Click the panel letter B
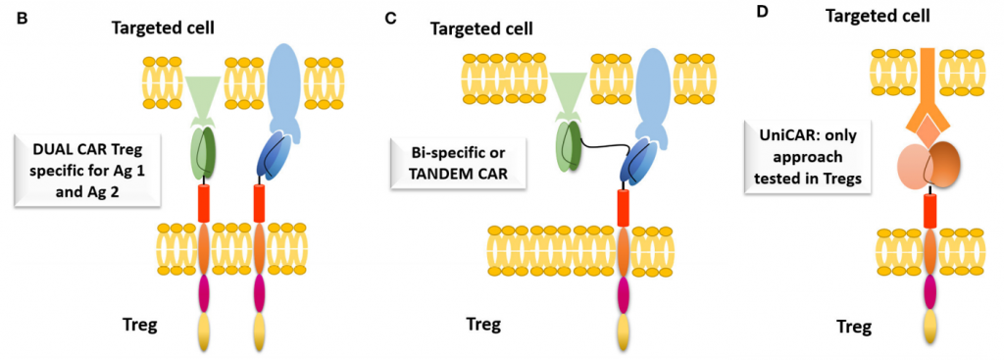[11, 18]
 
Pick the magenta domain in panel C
[624, 292]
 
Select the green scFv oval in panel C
[572, 147]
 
